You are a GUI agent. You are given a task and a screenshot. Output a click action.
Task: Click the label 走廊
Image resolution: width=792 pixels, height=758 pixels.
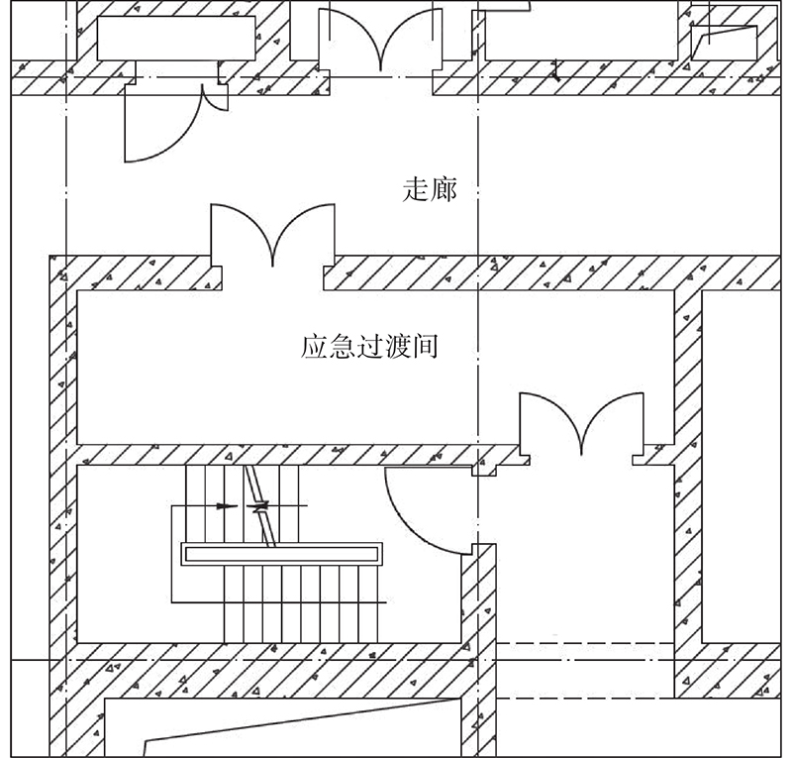[431, 189]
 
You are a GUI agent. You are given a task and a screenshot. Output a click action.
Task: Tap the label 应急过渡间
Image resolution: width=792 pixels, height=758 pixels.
[369, 348]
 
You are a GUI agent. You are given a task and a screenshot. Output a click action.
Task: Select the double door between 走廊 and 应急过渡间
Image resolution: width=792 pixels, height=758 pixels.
[273, 238]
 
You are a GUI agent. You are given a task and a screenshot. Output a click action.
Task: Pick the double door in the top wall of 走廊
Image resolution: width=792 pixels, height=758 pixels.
[379, 40]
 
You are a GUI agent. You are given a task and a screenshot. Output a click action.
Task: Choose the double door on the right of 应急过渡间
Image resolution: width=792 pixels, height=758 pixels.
[581, 426]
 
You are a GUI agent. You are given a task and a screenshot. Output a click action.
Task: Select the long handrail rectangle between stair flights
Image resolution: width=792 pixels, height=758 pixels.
[281, 554]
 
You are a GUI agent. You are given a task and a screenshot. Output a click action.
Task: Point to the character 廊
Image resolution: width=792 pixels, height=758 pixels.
[445, 189]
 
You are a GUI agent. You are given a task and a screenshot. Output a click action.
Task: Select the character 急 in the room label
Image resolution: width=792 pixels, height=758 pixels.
[342, 348]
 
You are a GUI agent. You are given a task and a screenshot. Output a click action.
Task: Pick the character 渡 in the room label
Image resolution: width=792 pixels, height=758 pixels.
[397, 348]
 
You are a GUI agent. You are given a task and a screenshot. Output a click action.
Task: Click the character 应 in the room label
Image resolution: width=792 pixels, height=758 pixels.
[314, 348]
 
